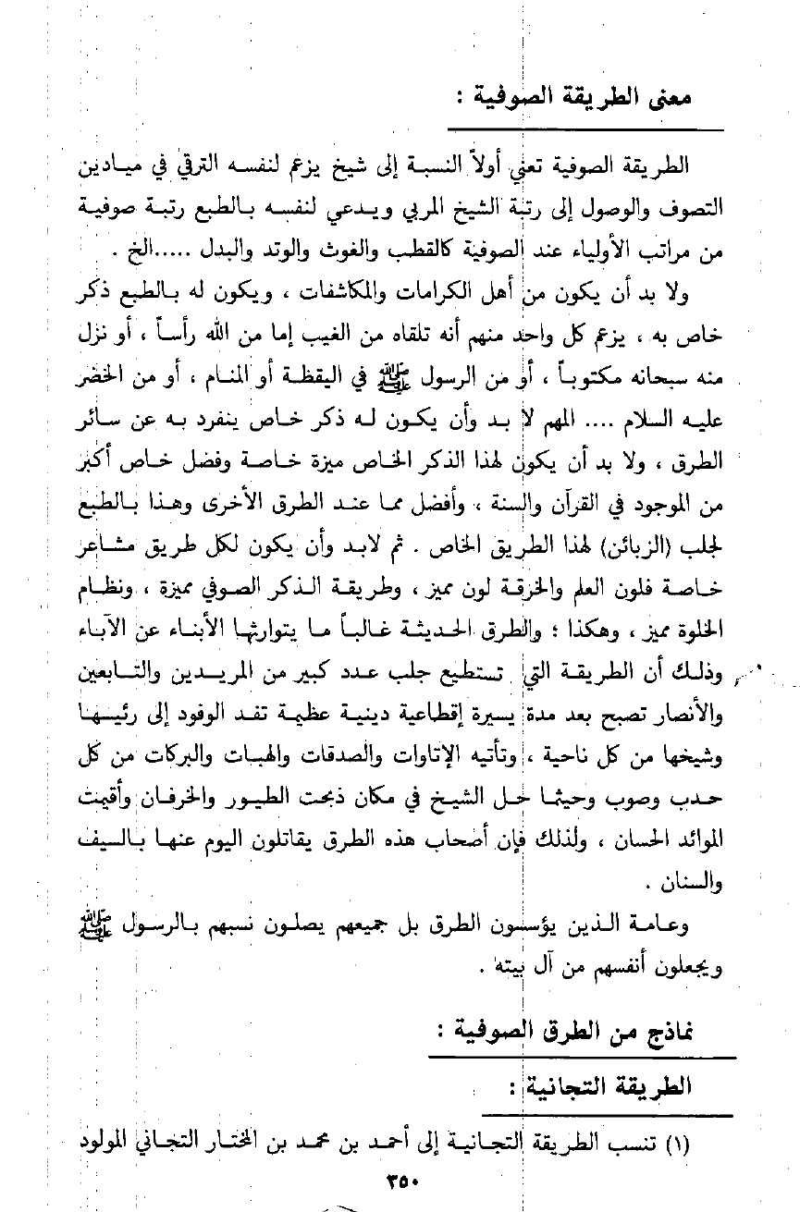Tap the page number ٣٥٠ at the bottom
[400, 1179]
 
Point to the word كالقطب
[467, 250]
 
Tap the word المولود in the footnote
[107, 1142]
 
